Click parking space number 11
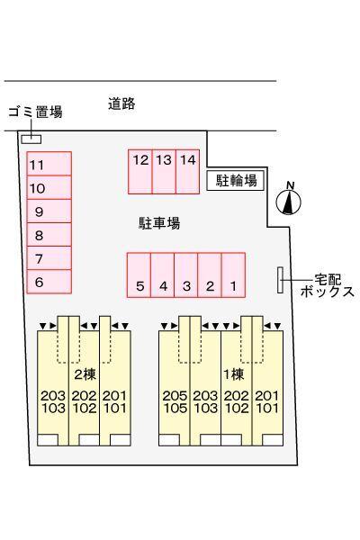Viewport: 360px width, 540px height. point(49,164)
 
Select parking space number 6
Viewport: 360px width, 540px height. point(49,282)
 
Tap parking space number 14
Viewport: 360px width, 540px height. point(188,172)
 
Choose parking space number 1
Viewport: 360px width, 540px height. point(233,274)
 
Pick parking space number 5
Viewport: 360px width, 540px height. point(139,274)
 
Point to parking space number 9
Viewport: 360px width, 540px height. point(49,211)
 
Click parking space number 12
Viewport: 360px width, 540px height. point(140,172)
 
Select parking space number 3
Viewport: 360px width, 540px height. point(186,274)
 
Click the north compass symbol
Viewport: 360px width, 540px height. point(289,201)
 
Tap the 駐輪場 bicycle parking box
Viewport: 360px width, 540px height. point(236,180)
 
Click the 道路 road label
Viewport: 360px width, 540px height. point(121,103)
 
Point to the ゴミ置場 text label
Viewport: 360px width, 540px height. point(35,112)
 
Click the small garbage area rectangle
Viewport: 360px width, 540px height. point(31,139)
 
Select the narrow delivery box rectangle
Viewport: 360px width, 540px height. point(281,280)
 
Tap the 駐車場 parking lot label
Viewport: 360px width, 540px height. point(159,223)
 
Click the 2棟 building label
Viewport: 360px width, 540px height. point(85,374)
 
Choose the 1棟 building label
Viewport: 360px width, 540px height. point(234,374)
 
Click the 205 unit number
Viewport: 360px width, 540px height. point(175,396)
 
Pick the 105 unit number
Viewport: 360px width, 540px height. point(175,408)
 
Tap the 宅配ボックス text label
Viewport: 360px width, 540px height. point(328,285)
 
